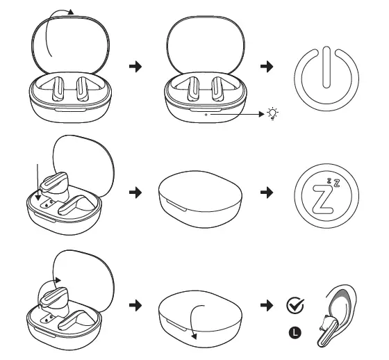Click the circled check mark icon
pyautogui.click(x=294, y=304)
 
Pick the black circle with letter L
pyautogui.click(x=295, y=333)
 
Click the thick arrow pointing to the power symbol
pyautogui.click(x=265, y=66)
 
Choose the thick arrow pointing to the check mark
pyautogui.click(x=265, y=305)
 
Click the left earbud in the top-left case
pyautogui.click(x=59, y=88)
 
